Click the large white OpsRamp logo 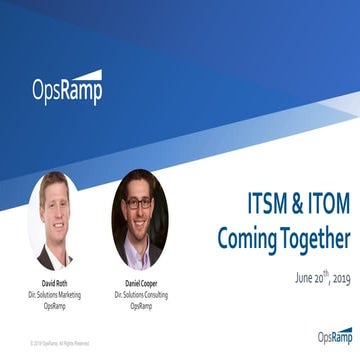[x=67, y=89]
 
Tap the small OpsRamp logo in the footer [x=334, y=336]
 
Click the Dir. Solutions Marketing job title [x=56, y=295]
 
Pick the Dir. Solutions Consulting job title [x=141, y=295]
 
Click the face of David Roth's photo [x=55, y=206]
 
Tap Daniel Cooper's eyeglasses [x=140, y=202]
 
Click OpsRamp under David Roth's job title [x=56, y=306]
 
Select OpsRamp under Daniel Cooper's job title [x=141, y=306]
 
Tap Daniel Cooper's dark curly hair [x=140, y=181]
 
